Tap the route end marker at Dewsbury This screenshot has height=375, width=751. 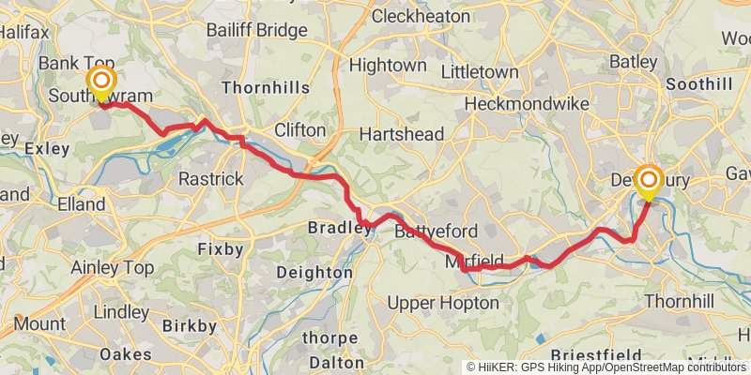[x=648, y=177]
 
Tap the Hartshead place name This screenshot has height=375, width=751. [x=402, y=134]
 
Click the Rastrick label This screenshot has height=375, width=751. [x=211, y=178]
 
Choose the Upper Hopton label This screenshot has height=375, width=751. [x=443, y=303]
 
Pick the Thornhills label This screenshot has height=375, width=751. [x=266, y=87]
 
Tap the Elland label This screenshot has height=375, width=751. [x=81, y=203]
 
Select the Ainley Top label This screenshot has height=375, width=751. [x=113, y=268]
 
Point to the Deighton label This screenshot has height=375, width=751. [x=315, y=273]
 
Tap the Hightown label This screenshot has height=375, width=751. [x=387, y=66]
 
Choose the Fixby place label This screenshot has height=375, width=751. [x=221, y=249]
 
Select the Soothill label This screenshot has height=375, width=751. [x=698, y=84]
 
